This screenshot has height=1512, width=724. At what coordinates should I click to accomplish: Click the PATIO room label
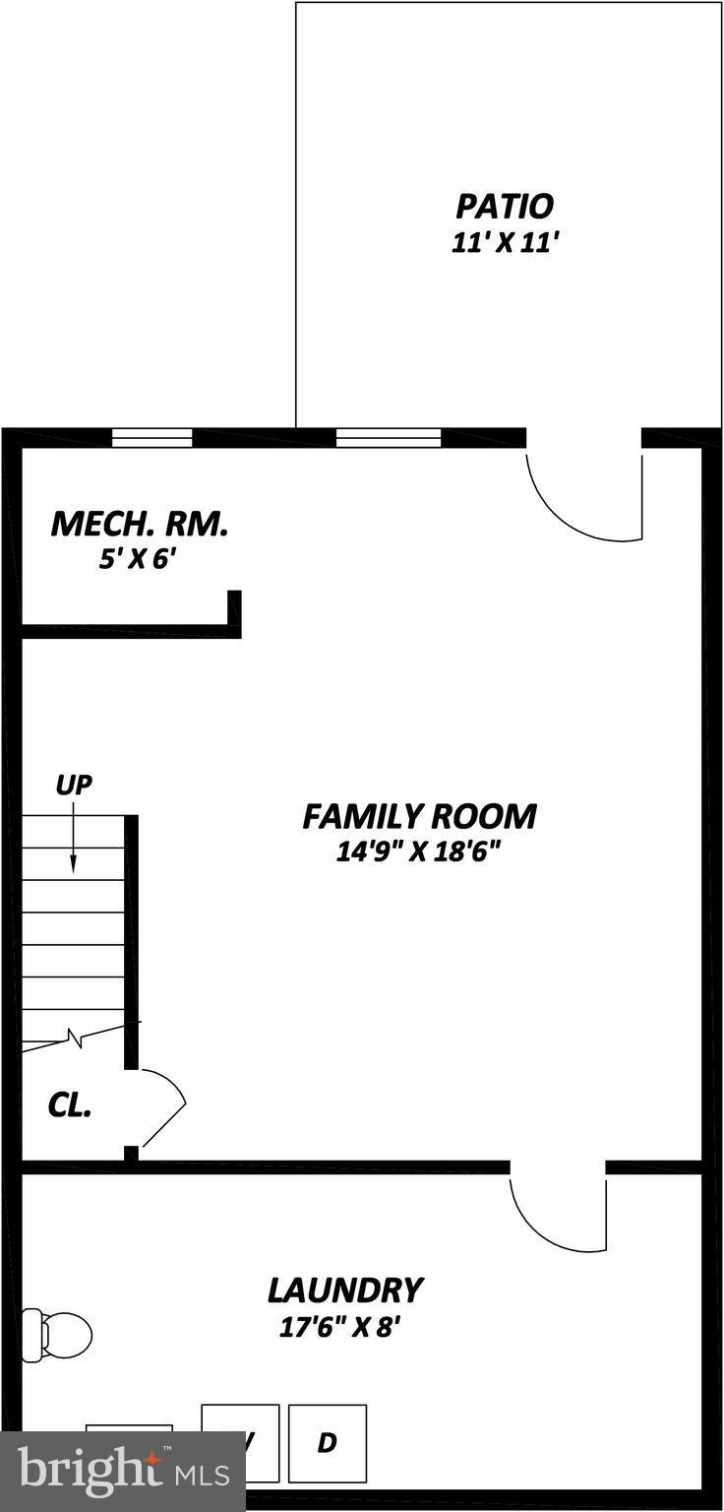504,207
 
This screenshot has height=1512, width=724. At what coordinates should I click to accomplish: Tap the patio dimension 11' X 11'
505,243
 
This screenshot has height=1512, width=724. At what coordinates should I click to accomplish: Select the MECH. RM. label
139,524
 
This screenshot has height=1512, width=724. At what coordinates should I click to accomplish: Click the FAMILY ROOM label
419,816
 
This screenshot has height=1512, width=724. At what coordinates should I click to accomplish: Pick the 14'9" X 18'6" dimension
419,851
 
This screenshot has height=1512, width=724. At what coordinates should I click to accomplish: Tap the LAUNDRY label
344,1289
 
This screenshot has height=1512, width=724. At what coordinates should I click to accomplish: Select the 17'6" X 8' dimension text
340,1327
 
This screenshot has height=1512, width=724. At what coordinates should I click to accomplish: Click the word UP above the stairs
73,786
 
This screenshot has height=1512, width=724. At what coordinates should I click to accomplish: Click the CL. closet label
70,1104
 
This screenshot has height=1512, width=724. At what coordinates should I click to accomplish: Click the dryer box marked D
328,1443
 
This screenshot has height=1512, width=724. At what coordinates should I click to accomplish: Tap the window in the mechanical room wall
151,438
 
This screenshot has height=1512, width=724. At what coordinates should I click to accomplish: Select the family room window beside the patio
388,438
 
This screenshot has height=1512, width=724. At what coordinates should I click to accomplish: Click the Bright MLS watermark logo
122,1472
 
